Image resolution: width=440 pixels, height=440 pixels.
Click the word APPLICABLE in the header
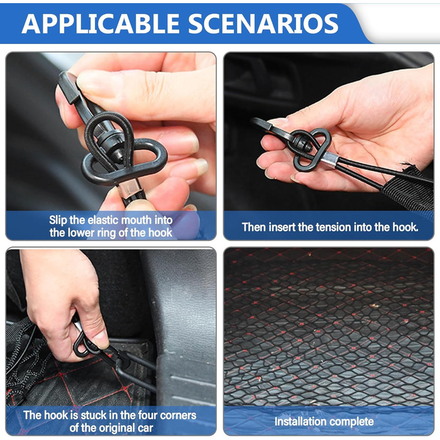(x=100, y=24)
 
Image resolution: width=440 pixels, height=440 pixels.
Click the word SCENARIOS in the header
(x=263, y=24)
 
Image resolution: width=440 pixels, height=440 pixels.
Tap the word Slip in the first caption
(x=58, y=220)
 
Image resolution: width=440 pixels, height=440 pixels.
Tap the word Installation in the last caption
(x=300, y=422)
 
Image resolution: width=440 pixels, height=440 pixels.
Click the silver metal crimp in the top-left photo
(x=129, y=188)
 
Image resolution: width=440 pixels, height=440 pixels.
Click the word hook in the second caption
(x=405, y=227)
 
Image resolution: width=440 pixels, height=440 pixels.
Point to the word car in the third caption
(x=146, y=429)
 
